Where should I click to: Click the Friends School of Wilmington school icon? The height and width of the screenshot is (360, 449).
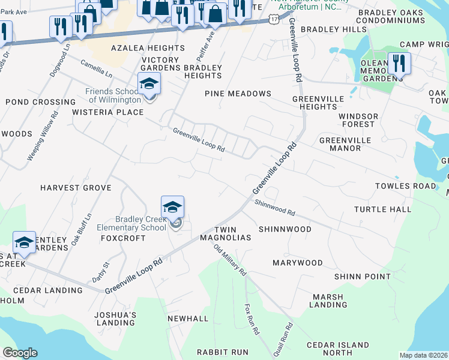click(149, 84)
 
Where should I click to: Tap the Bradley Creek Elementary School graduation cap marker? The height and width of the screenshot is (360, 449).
click(172, 208)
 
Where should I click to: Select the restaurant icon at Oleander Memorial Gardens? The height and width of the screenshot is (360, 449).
click(399, 63)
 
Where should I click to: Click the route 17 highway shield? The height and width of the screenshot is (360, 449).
click(274, 20)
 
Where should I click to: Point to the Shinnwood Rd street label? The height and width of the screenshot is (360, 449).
click(274, 208)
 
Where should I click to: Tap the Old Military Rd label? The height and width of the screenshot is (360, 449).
click(231, 259)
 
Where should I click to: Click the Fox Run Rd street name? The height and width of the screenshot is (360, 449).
click(251, 319)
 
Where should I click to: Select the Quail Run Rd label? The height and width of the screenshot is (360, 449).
click(288, 338)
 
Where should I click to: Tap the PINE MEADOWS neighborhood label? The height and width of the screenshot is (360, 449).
click(238, 94)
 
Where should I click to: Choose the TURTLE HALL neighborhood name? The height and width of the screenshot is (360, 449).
click(382, 209)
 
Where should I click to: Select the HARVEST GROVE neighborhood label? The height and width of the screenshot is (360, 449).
click(76, 188)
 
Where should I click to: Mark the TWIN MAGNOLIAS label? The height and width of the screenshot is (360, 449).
click(232, 233)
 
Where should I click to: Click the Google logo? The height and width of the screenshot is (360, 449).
click(20, 353)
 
